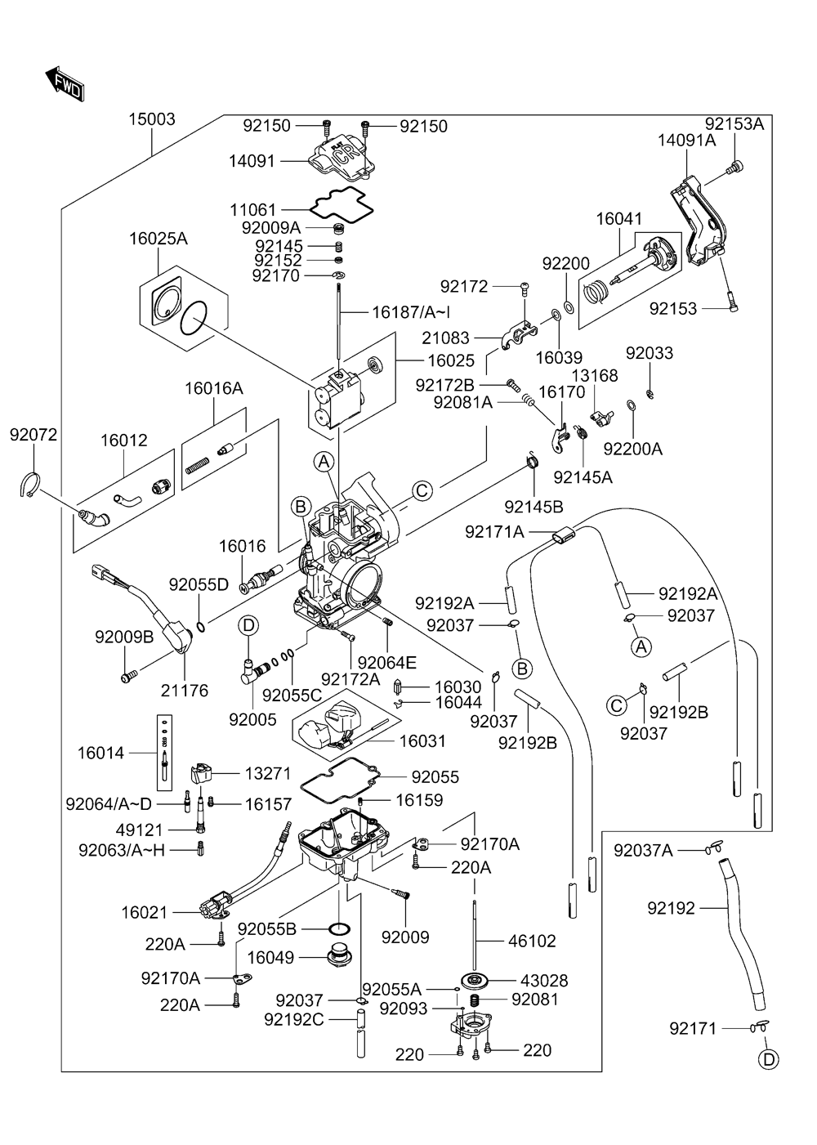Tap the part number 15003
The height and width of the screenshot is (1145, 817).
(x=151, y=119)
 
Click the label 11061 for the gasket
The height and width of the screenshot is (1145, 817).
(x=252, y=209)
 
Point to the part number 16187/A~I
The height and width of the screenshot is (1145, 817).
(x=411, y=312)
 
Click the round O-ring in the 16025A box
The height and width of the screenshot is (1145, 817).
(x=194, y=319)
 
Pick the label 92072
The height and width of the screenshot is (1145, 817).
(x=33, y=435)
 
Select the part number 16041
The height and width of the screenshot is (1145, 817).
(x=618, y=219)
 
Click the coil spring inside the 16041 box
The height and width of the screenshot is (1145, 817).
(x=596, y=292)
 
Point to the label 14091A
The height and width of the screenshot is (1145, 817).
(x=686, y=140)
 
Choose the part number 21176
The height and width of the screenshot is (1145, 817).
(x=185, y=691)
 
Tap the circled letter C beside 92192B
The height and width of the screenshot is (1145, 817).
(x=617, y=705)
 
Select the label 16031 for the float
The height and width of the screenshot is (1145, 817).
(x=422, y=740)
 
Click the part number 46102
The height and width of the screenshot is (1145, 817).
(x=532, y=941)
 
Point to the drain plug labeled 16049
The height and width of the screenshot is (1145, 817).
(x=339, y=959)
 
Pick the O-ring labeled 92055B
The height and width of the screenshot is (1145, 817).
(x=339, y=928)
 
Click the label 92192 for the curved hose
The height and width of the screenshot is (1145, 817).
(x=671, y=908)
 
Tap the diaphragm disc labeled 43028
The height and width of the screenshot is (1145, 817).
(x=475, y=980)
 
